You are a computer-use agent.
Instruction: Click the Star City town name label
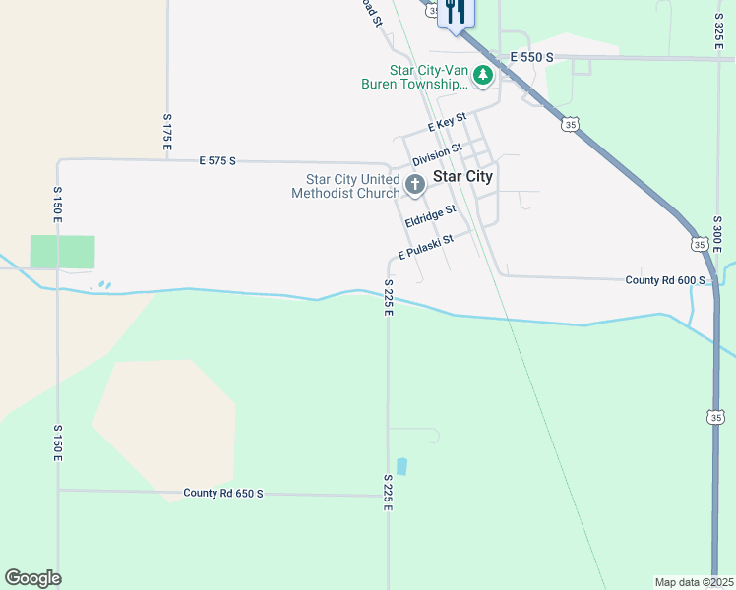(463, 177)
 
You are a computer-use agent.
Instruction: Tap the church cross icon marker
(415, 183)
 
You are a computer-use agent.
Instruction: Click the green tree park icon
(482, 74)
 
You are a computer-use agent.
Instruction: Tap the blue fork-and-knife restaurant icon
(455, 11)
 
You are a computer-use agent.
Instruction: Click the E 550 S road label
(531, 58)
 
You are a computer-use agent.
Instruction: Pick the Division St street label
(437, 154)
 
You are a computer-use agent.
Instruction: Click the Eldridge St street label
(430, 216)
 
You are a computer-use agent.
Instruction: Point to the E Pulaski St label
(425, 247)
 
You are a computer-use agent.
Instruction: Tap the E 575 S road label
(217, 159)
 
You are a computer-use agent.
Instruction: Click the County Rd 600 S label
(665, 280)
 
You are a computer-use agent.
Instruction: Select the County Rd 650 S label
(223, 493)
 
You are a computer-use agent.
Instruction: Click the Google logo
(32, 578)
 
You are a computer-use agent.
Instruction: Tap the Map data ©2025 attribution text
(695, 582)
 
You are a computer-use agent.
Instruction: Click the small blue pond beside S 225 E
(400, 466)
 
